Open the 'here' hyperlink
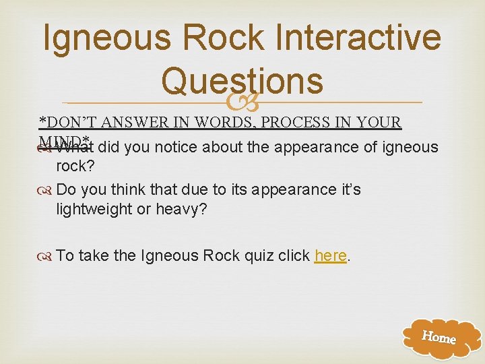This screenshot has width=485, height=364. click(x=330, y=256)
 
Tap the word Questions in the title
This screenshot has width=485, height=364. click(x=243, y=81)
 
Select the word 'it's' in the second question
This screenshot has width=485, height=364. click(x=346, y=189)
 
